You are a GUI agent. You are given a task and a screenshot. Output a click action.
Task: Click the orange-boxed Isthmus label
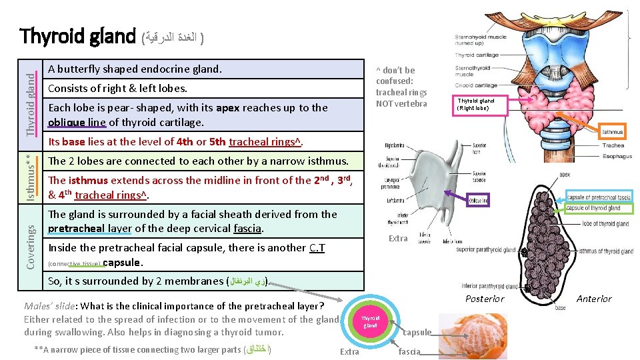pyautogui.click(x=613, y=133)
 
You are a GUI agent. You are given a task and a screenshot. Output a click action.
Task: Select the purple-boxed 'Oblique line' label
pyautogui.click(x=478, y=199)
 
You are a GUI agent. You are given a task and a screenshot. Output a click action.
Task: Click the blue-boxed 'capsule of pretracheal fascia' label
pyautogui.click(x=598, y=197)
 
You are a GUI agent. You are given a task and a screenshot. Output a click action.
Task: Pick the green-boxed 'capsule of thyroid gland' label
pyautogui.click(x=593, y=209)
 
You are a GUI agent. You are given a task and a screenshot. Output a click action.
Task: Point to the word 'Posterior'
pyautogui.click(x=485, y=299)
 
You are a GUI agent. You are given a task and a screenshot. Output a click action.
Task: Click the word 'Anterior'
pyautogui.click(x=594, y=299)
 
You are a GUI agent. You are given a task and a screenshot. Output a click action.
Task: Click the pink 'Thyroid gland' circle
pyautogui.click(x=371, y=322)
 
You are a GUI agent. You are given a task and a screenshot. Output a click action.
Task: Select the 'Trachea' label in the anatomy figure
pyautogui.click(x=613, y=145)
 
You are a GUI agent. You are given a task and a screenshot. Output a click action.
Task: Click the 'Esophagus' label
pyautogui.click(x=617, y=156)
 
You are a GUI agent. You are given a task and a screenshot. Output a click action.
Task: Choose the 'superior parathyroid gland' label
pyautogui.click(x=486, y=251)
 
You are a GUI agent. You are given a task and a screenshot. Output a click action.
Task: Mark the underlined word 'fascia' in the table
pyautogui.click(x=248, y=229)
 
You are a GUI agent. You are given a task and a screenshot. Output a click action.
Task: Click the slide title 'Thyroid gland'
pyautogui.click(x=77, y=36)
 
